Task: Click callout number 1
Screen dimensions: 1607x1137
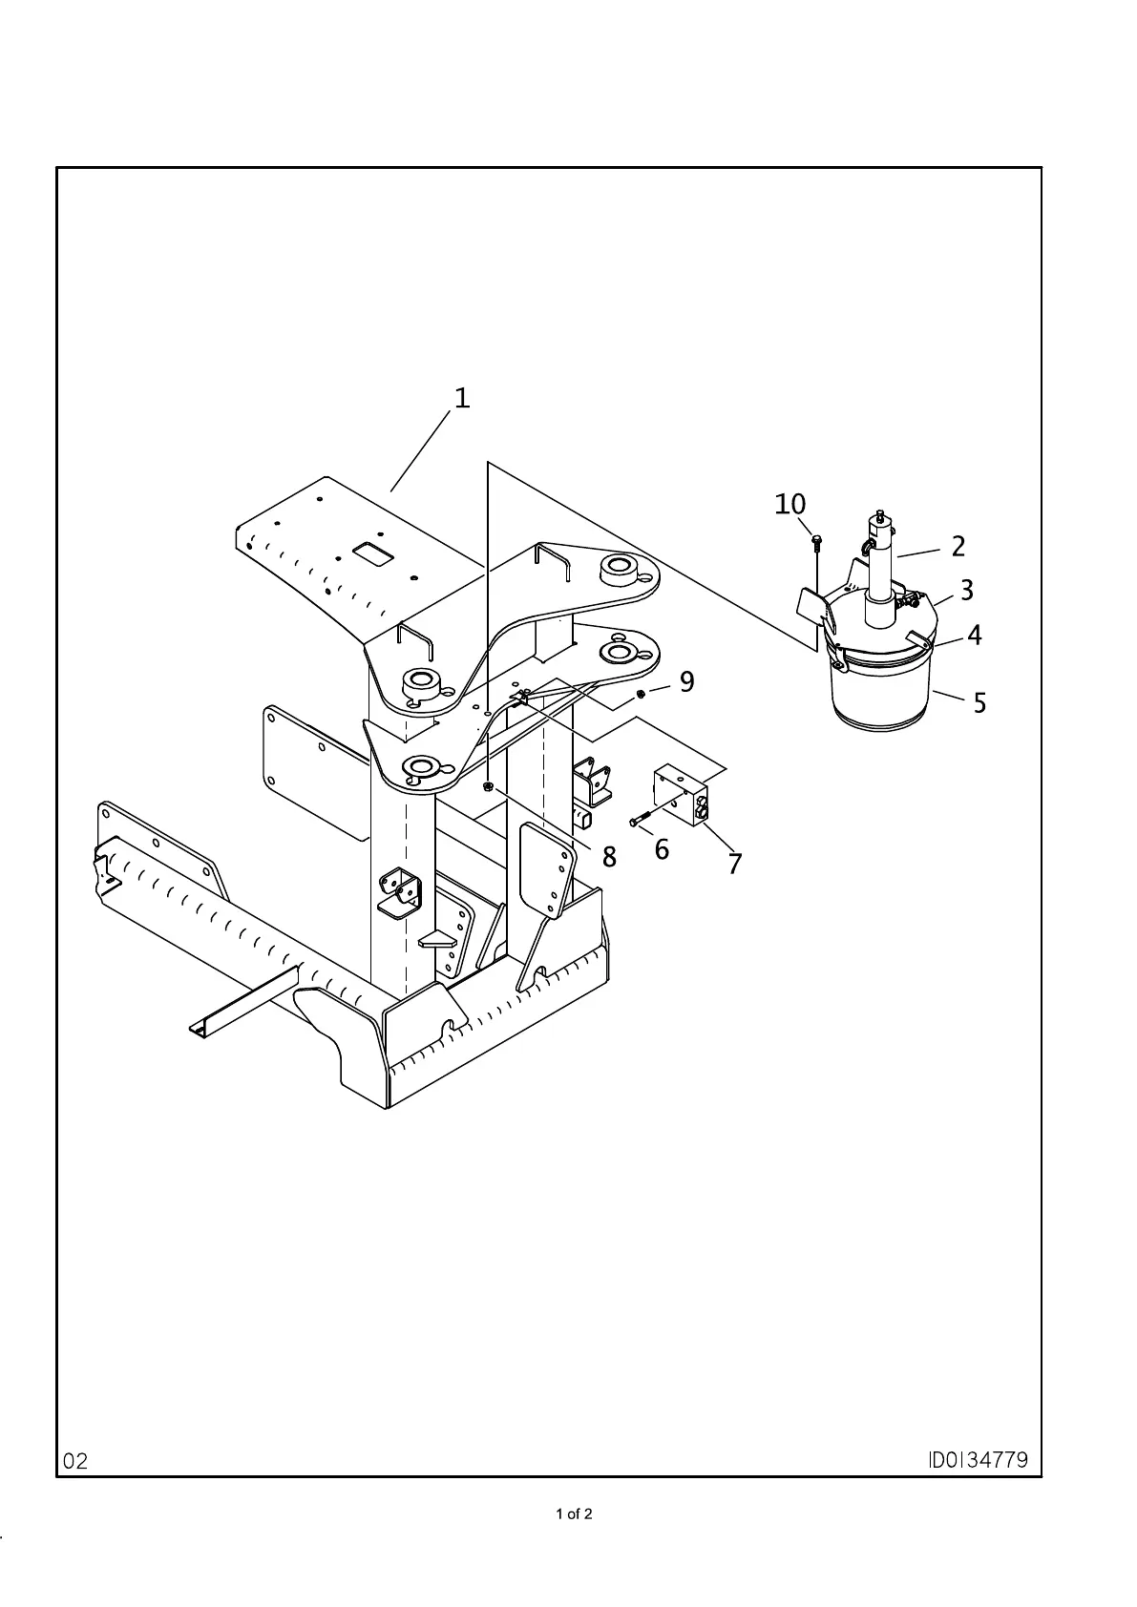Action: tap(462, 398)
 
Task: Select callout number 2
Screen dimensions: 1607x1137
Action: tap(958, 547)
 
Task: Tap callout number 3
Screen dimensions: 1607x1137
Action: tap(967, 591)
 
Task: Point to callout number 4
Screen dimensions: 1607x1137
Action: tap(974, 636)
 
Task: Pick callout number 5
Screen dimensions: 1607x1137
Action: tap(979, 704)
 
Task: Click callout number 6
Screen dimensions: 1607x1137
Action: tap(662, 848)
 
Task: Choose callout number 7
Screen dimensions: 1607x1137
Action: tap(734, 864)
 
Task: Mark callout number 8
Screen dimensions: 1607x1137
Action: tap(609, 857)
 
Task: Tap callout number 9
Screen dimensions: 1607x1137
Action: tap(686, 681)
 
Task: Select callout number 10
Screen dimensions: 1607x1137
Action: tap(790, 504)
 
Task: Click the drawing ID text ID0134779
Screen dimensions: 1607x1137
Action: tap(979, 1460)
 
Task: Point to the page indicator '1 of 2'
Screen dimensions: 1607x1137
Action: tap(574, 1513)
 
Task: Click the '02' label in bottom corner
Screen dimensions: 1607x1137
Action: tap(76, 1461)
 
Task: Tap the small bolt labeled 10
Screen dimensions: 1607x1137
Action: tap(816, 543)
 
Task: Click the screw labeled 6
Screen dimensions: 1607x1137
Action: tap(640, 819)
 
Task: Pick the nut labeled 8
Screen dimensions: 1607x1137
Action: tap(488, 787)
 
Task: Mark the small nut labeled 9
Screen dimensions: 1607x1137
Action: tap(642, 692)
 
